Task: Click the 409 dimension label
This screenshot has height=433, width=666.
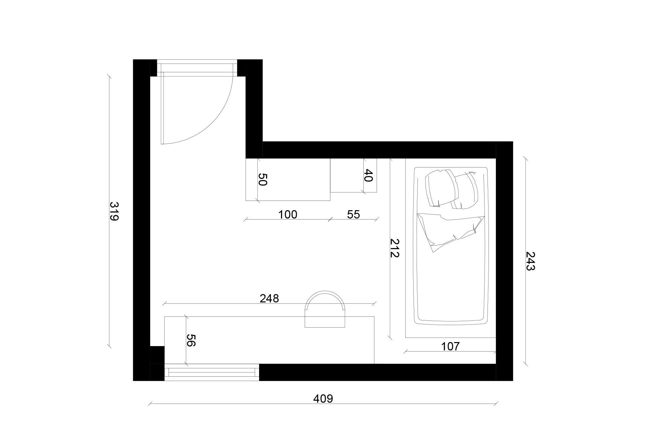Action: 323,398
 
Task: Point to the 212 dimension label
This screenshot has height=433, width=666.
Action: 395,248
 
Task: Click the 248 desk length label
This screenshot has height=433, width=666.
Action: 269,298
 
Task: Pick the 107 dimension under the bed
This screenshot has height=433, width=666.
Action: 450,346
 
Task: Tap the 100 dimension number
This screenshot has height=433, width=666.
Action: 287,215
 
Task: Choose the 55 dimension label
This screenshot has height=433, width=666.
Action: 353,215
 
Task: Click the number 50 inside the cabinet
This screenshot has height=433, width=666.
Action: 263,180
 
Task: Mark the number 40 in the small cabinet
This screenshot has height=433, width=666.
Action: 368,175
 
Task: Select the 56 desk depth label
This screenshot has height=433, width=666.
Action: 190,340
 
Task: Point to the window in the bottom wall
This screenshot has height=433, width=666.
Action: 212,372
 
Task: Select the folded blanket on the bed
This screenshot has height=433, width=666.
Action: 450,231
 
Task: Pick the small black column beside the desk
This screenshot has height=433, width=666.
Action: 157,355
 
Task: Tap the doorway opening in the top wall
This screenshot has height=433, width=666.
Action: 197,68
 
